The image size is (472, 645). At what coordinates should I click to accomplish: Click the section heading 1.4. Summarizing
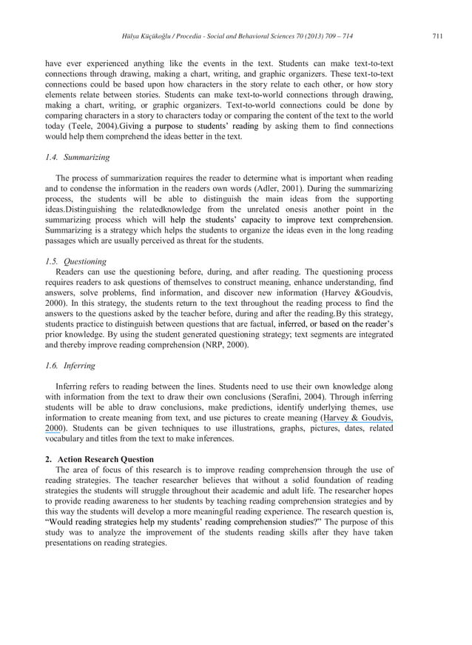tap(78, 158)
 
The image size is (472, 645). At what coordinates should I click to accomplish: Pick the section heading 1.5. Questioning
tap(76, 261)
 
